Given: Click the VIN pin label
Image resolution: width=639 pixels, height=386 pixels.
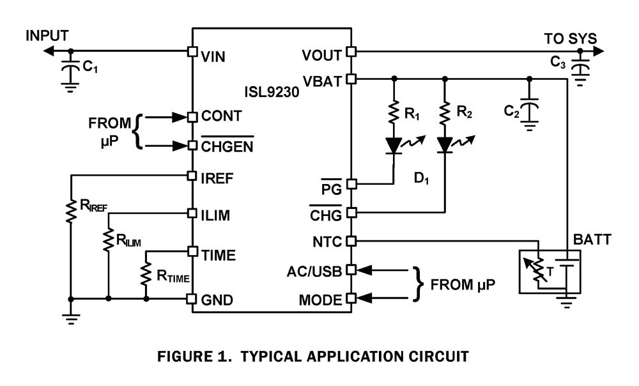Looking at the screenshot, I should pos(214,56).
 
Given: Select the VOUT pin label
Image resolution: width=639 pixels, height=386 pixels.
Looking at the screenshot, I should pos(323,56).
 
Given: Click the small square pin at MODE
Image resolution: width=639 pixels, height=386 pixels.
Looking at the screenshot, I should pos(350,298).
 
